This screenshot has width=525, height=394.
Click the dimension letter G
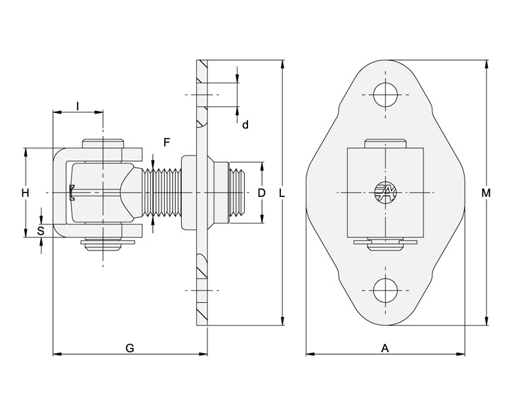130,349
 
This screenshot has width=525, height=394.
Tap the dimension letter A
385,349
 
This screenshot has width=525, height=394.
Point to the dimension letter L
282,193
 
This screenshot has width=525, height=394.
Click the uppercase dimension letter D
261,193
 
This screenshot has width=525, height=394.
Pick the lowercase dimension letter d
245,124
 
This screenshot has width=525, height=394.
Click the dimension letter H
25,193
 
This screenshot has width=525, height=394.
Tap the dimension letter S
41,230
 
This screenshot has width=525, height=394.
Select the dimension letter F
167,142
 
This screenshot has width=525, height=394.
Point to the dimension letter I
77,106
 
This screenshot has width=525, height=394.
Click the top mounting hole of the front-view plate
386,94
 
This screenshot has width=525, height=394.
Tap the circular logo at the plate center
386,192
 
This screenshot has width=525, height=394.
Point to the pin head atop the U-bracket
103,143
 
